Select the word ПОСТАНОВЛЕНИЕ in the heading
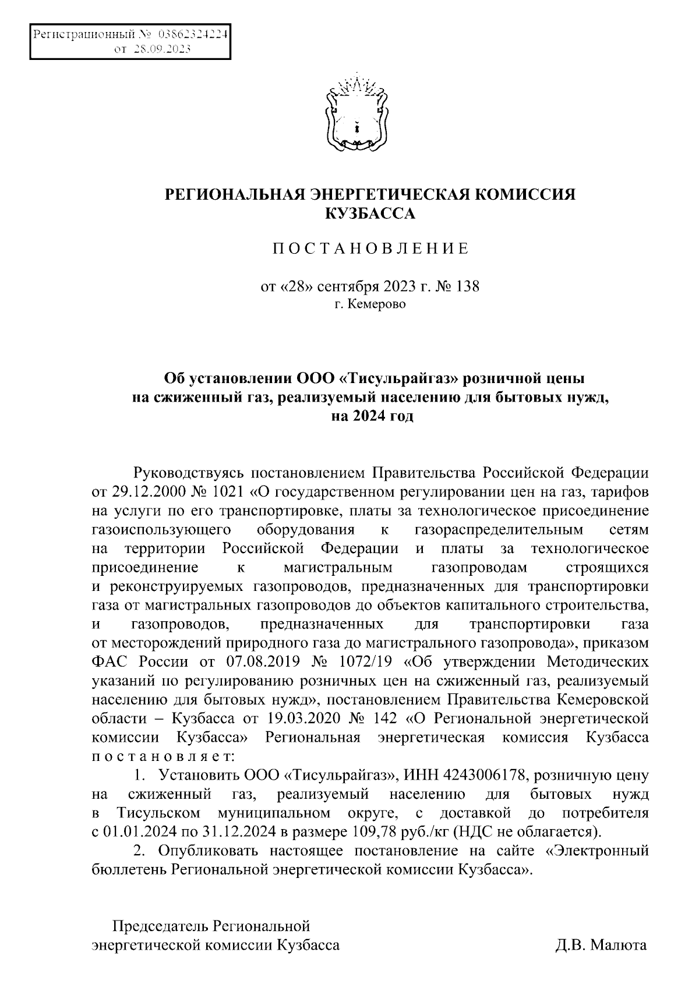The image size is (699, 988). [370, 250]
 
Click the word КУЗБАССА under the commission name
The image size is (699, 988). [370, 215]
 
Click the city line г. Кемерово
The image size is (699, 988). [370, 304]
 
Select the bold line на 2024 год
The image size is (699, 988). [370, 417]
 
